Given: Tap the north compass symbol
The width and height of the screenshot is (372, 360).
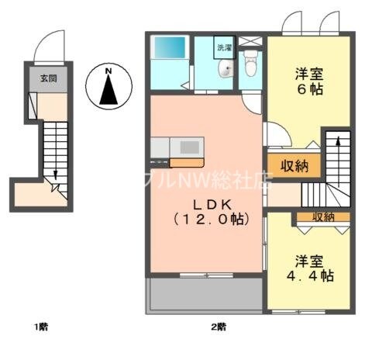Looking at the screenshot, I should tap(109, 87).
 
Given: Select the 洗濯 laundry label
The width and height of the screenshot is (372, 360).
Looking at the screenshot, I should tap(224, 47).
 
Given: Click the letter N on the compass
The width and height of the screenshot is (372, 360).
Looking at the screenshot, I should tap(109, 73).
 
